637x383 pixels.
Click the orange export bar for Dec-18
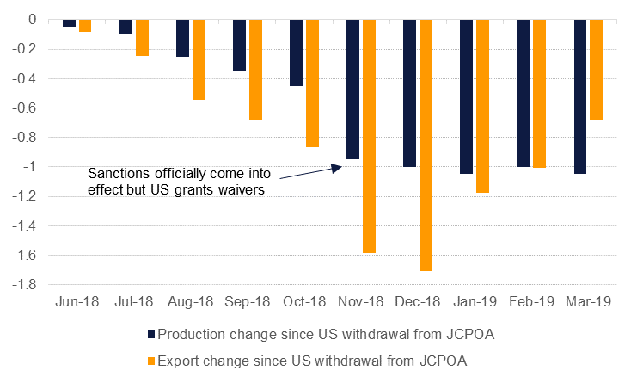click(x=426, y=145)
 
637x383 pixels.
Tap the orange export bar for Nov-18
click(x=369, y=136)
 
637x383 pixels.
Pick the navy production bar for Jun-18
click(x=69, y=23)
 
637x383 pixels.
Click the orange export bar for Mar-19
click(x=596, y=70)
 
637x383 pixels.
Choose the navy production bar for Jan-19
click(x=466, y=96)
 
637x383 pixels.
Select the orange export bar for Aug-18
click(x=199, y=59)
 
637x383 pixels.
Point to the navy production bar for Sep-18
click(x=239, y=45)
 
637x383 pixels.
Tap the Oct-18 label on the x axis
click(x=304, y=302)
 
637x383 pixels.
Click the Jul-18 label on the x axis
click(x=133, y=302)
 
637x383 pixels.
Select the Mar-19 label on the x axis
click(x=588, y=302)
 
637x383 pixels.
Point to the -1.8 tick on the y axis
click(x=25, y=284)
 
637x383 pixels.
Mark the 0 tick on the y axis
click(x=32, y=19)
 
